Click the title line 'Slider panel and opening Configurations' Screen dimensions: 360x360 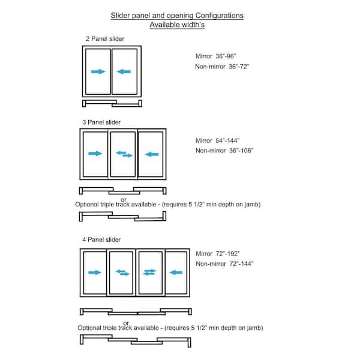coord(177,16)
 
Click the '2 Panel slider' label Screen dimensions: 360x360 coord(104,39)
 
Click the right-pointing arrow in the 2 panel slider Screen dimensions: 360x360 coord(98,71)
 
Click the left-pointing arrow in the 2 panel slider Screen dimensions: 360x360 coord(124,71)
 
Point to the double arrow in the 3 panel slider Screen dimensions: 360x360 coord(124,154)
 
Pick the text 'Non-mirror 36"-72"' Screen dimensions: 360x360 coord(221,67)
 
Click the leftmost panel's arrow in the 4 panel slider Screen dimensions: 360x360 coord(95,272)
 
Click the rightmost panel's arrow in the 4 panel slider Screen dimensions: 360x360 coord(176,272)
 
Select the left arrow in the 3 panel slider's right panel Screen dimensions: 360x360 coord(151,154)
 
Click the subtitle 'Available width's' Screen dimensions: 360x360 coord(177,26)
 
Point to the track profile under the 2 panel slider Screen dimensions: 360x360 coord(112,103)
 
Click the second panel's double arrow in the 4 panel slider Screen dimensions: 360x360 coord(122,272)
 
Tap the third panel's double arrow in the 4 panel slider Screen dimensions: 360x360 coord(149,272)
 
